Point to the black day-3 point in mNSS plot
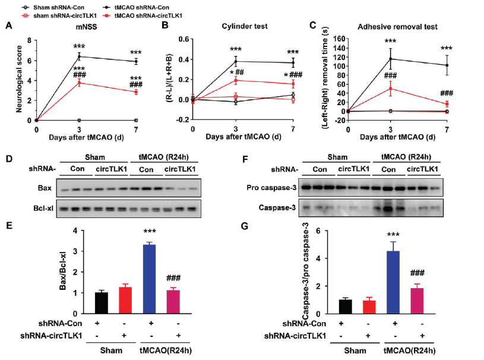(79, 56)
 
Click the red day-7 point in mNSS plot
(136, 91)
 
